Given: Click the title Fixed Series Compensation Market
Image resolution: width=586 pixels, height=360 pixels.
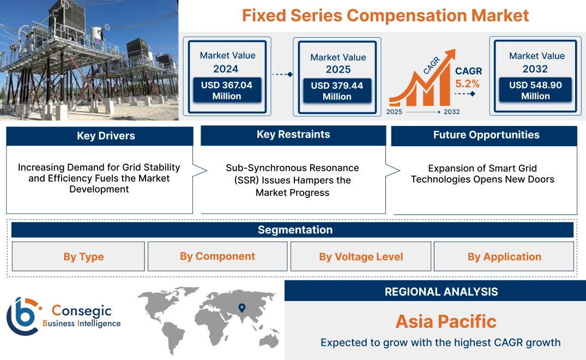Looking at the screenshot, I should point(385,15).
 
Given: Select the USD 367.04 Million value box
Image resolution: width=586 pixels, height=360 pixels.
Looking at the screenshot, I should point(226,91).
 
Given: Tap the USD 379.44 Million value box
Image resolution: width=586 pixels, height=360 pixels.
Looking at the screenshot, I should point(337,91).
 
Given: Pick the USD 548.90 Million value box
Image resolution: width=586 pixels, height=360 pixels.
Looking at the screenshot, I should point(535,91).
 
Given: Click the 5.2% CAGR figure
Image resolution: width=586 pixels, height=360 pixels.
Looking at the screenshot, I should point(467,83).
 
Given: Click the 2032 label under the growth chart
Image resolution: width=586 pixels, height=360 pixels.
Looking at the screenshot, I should point(451,112).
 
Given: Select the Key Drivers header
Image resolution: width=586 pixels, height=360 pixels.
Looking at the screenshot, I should point(100,136).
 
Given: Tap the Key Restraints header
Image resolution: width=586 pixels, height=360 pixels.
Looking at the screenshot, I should point(293,135).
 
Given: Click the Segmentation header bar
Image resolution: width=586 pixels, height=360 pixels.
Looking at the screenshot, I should point(295,230).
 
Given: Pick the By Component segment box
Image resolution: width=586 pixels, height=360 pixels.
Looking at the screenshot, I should point(218,256).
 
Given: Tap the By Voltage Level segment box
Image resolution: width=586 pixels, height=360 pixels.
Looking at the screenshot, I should point(361,257).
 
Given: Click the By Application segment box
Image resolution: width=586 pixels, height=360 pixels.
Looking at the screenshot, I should point(504,257).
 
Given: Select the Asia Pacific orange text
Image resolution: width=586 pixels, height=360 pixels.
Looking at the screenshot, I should point(445,321).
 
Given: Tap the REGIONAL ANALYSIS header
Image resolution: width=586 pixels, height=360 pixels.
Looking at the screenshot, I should point(440,292).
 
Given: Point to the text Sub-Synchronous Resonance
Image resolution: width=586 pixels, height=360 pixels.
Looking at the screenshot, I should point(292,168).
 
